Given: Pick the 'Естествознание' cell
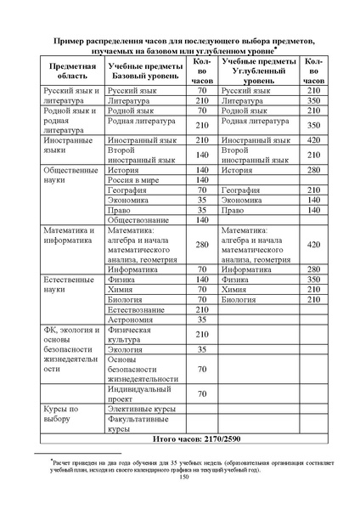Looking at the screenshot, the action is tap(140, 309).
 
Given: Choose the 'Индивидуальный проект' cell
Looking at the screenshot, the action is tap(140, 394).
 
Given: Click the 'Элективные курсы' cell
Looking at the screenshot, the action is tap(140, 410).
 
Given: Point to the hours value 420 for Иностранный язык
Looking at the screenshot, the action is tap(312, 140).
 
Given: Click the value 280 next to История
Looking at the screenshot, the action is tap(312, 170).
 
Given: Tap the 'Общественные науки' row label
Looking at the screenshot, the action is tap(66, 175).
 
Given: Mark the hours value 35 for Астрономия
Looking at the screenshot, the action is tap(202, 320).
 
